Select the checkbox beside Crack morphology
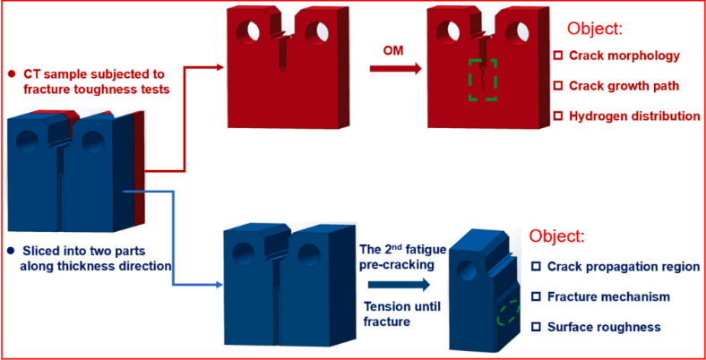(558, 56)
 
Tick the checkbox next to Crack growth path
(558, 86)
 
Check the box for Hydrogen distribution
(558, 116)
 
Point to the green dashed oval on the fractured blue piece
(507, 313)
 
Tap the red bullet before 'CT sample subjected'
(10, 73)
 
